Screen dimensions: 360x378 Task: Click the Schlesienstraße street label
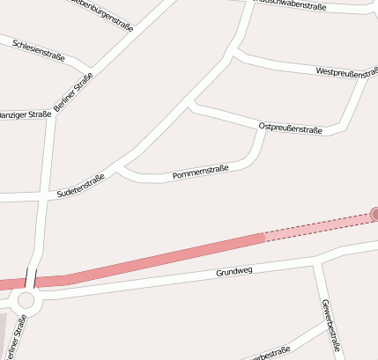36,50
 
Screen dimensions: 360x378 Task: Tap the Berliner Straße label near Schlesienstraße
73,94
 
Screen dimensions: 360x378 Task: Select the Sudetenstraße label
80,185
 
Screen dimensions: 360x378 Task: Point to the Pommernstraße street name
201,173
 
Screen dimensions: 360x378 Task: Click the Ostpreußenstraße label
291,129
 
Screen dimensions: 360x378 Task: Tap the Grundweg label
234,272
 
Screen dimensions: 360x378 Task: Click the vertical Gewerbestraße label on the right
331,325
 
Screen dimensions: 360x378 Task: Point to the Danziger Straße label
25,115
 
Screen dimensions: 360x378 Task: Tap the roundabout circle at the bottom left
26,300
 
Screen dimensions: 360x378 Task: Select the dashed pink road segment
317,227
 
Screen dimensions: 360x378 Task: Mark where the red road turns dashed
264,238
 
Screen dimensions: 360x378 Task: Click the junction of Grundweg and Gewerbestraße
315,260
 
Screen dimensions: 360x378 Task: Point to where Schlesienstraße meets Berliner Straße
89,71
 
